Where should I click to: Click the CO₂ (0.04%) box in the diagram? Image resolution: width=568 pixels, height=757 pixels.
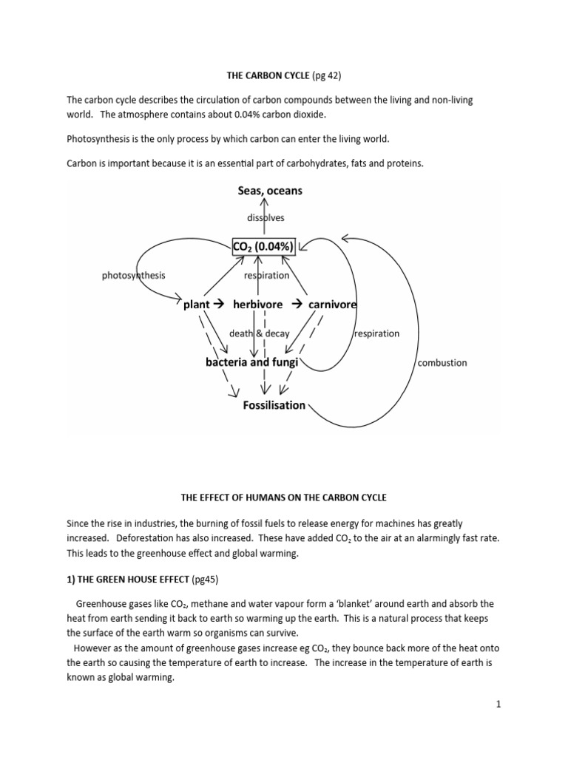click(264, 246)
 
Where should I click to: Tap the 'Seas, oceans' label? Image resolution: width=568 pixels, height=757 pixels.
click(270, 191)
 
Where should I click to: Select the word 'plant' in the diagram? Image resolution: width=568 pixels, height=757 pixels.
click(197, 305)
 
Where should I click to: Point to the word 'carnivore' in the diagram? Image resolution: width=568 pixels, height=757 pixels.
click(332, 305)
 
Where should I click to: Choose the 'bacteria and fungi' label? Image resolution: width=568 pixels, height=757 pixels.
click(251, 362)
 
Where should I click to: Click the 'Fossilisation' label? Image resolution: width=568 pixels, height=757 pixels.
click(274, 405)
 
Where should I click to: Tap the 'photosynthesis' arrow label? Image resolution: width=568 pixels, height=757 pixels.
click(133, 276)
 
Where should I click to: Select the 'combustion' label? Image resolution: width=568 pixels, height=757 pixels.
click(442, 363)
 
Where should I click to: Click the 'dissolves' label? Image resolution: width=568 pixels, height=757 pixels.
click(265, 217)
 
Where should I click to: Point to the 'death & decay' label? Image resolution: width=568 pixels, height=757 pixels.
click(260, 333)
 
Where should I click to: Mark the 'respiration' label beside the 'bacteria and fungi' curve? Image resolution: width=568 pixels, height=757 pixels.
click(376, 333)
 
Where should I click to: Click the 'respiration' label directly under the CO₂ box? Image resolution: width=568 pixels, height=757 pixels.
click(266, 276)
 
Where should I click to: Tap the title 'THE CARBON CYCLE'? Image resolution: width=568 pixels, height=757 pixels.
click(260, 75)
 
